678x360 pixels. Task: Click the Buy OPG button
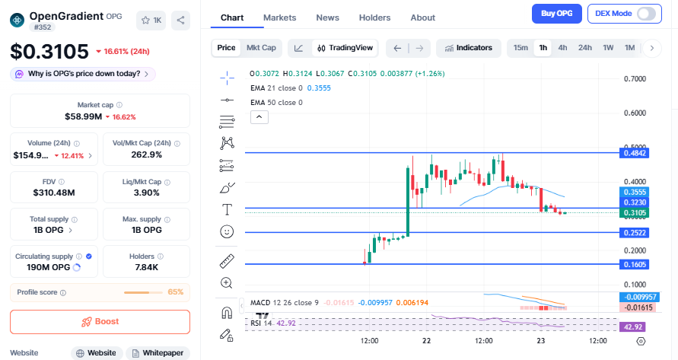[557, 13]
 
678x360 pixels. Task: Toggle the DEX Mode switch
[646, 13]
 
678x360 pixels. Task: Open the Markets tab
[279, 18]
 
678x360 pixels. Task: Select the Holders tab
[374, 18]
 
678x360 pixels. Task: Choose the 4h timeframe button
[562, 48]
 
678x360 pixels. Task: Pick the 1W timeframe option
[608, 48]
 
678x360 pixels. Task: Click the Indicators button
[468, 48]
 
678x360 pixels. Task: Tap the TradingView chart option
[345, 48]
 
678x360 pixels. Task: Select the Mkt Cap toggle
[261, 48]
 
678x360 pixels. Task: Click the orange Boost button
[100, 321]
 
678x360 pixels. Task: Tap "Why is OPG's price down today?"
[83, 74]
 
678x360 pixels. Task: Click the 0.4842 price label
[635, 153]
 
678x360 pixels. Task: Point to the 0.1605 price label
[635, 264]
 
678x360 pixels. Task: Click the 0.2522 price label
[635, 232]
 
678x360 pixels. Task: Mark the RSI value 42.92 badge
[635, 327]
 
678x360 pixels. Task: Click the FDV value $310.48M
[53, 193]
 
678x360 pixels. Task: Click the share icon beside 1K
[180, 21]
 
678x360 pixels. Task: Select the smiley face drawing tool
[227, 231]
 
